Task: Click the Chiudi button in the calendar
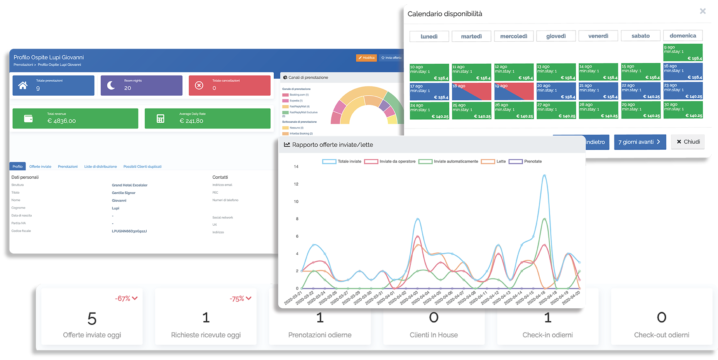coord(688,142)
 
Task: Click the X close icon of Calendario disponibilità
coord(703,11)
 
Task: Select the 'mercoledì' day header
coord(513,36)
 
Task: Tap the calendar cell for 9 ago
coord(682,52)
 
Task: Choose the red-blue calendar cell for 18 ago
coord(471,91)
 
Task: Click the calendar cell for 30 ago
coord(683,110)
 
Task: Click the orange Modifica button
coord(366,58)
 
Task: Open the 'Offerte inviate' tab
coord(40,167)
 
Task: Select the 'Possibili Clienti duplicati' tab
coord(142,167)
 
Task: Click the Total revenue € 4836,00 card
coord(75,118)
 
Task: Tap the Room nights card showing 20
coord(141,85)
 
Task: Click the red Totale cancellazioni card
coord(229,85)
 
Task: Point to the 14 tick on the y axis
coord(296,167)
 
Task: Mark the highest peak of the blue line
coord(544,175)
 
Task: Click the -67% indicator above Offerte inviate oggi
coord(126,299)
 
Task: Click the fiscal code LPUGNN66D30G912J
coord(129,231)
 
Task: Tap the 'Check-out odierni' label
coord(661,335)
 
